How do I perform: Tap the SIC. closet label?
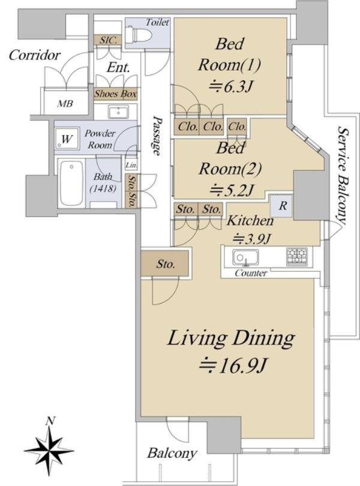109,40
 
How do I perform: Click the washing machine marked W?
67,139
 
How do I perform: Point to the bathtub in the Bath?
71,183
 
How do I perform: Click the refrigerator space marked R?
281,206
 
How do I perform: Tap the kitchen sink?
245,257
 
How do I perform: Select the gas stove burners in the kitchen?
297,256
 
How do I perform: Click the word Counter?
251,273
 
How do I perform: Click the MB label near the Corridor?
65,103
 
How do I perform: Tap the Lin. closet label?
131,165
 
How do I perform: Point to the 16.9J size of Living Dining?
233,366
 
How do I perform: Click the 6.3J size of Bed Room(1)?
230,88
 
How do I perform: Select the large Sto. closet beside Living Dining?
164,263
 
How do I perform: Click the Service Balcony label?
342,175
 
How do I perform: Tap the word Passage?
158,135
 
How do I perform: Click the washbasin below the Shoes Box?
118,112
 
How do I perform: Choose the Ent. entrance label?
118,67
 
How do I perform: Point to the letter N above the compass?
50,421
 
